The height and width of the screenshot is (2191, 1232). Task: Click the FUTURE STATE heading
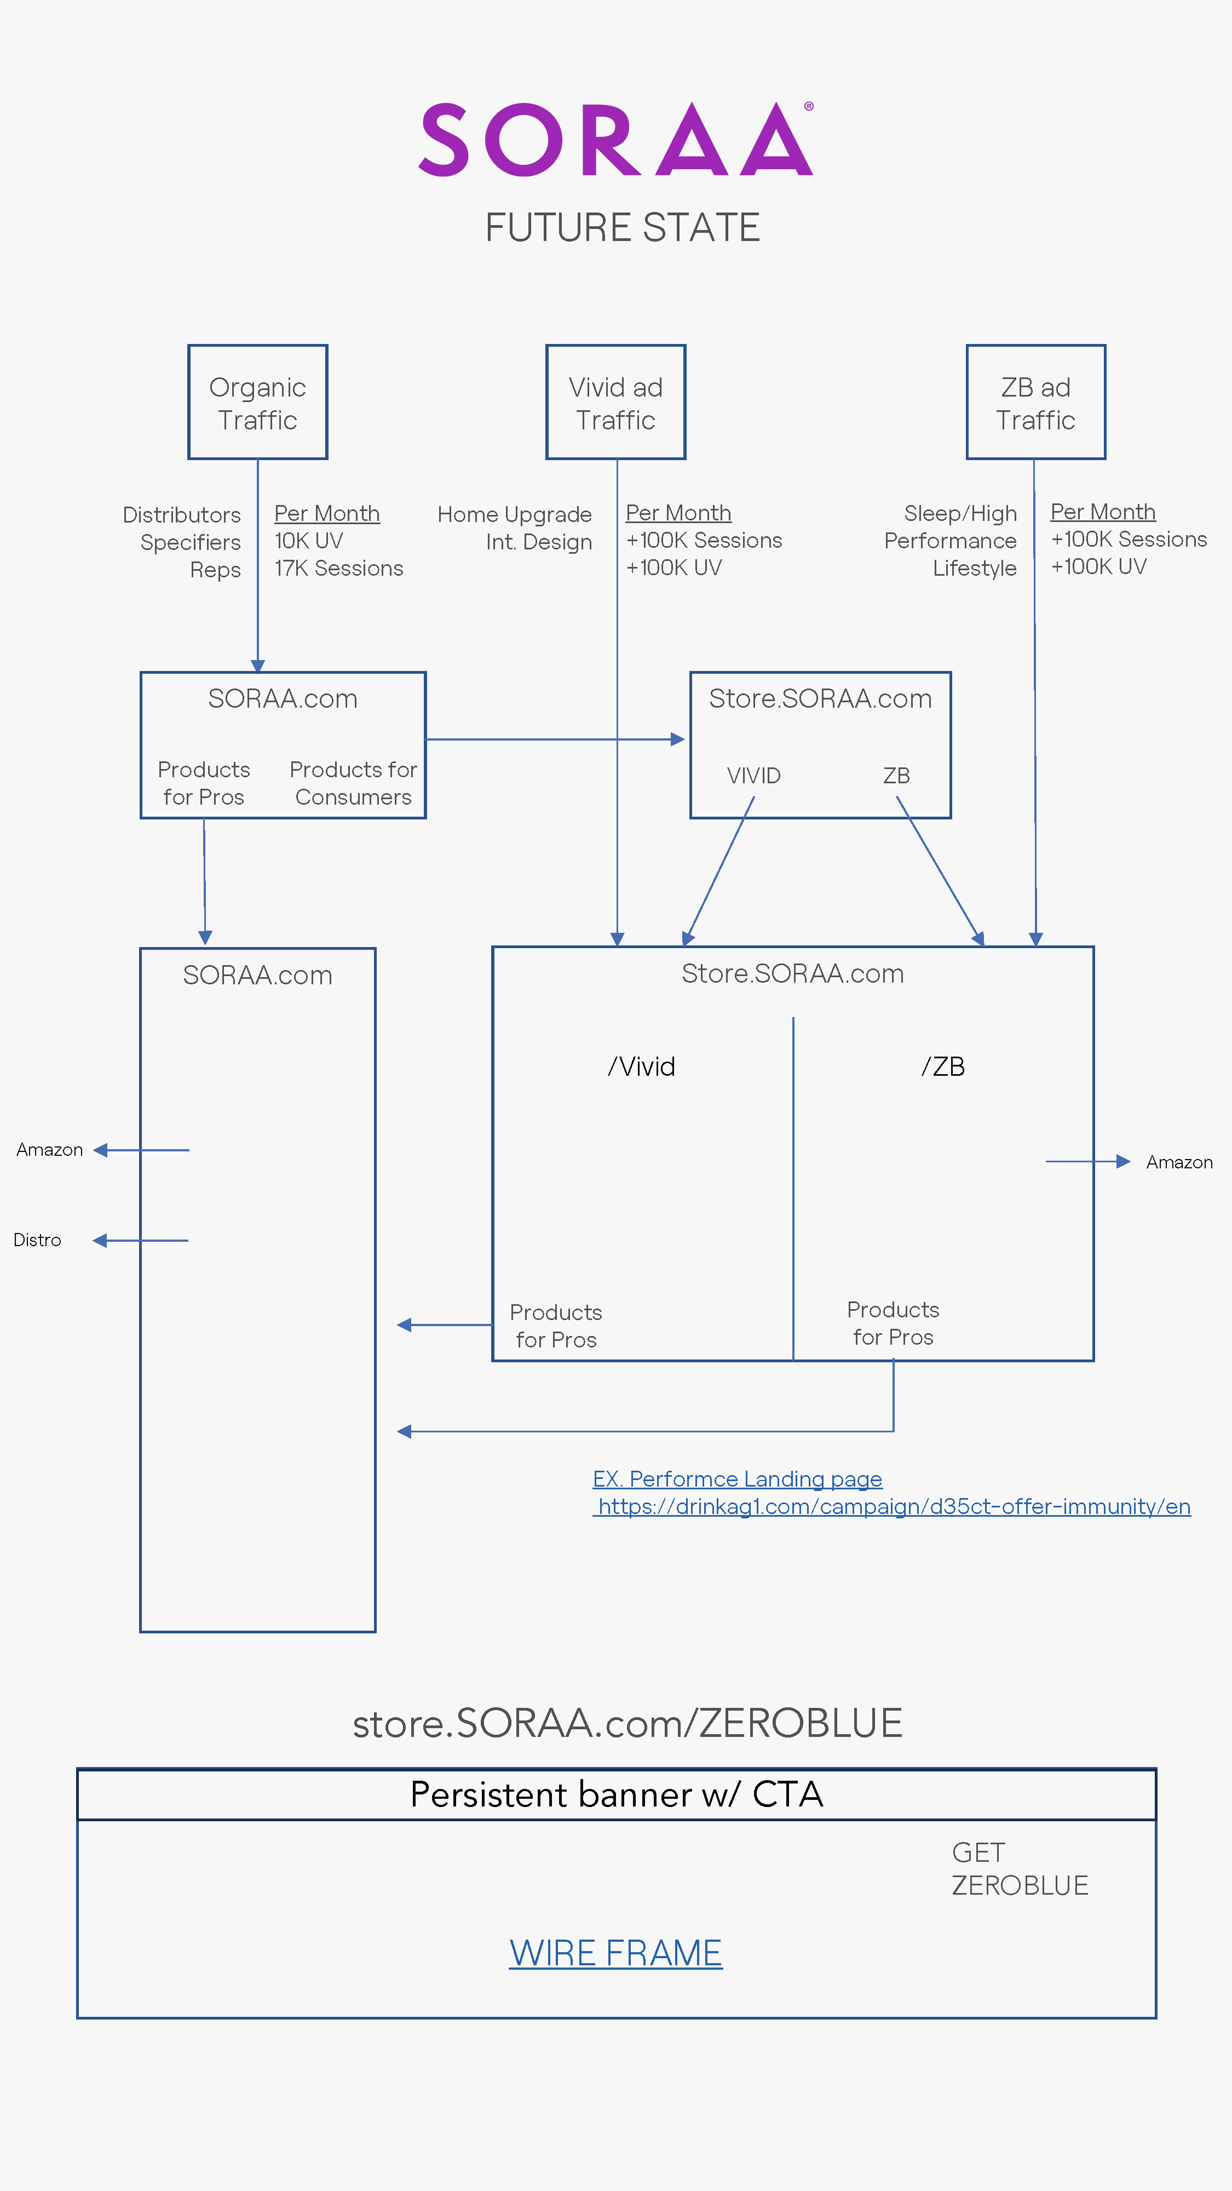(x=623, y=227)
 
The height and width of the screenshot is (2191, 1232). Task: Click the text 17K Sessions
(x=338, y=568)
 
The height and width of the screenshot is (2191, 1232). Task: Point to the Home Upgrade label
(x=514, y=514)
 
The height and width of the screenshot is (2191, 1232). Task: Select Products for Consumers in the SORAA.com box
(x=353, y=783)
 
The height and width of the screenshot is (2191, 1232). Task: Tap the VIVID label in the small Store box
(x=753, y=776)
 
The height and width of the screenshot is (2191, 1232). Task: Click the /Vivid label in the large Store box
(x=641, y=1066)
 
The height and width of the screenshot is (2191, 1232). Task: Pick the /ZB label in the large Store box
(x=943, y=1066)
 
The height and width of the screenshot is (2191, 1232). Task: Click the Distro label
(x=37, y=1240)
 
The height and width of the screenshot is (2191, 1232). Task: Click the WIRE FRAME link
(x=615, y=1953)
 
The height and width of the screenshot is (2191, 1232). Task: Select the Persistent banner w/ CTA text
(x=617, y=1794)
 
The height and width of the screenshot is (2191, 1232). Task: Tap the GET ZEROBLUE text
(x=1020, y=1868)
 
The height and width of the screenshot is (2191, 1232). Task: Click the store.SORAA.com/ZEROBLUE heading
(x=627, y=1723)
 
